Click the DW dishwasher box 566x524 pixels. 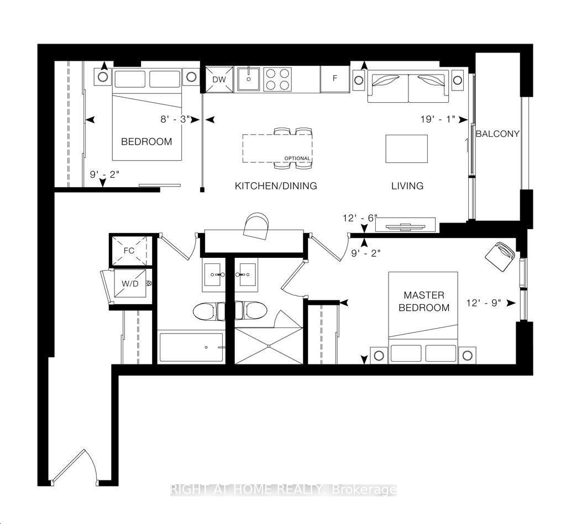click(219, 80)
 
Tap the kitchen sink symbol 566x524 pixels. click(250, 79)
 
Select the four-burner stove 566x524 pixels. click(277, 79)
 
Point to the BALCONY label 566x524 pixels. click(497, 134)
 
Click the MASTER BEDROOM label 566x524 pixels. click(424, 301)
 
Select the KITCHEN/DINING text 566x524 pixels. click(276, 186)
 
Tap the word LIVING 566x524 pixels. click(407, 186)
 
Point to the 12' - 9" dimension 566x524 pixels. click(483, 303)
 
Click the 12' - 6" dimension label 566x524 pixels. click(359, 218)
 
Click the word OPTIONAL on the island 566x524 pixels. click(297, 158)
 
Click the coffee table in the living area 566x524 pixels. click(406, 149)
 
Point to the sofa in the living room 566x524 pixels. click(408, 87)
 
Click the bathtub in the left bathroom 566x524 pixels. click(191, 347)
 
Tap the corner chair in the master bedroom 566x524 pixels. click(500, 255)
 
